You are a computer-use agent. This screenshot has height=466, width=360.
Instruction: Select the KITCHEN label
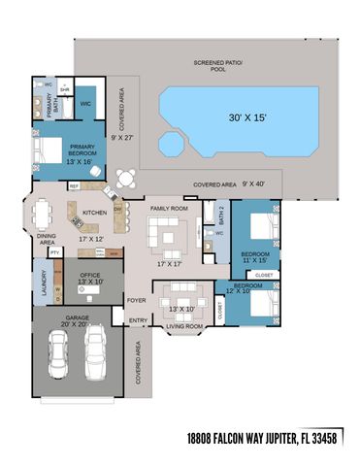[94, 213]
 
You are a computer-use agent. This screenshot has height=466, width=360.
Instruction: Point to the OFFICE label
[90, 276]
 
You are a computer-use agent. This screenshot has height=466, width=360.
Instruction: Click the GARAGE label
[78, 317]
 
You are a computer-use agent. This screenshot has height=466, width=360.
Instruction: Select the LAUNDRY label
[44, 283]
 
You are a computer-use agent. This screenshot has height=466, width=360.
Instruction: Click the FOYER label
[137, 301]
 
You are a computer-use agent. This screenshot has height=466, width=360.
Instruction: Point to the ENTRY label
[138, 320]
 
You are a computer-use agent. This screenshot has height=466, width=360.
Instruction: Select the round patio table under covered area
[125, 178]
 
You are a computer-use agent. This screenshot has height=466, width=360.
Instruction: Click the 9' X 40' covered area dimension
[254, 183]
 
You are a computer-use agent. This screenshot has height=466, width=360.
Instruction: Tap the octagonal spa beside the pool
[172, 145]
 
